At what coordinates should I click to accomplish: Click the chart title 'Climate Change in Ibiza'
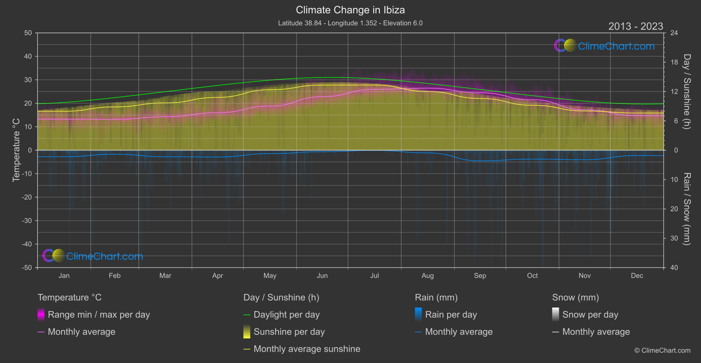[350, 10]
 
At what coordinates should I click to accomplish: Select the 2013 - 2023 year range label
[635, 26]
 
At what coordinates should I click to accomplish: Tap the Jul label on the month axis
[374, 276]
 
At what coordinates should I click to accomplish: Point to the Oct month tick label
[532, 276]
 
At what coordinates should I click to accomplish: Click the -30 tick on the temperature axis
[27, 221]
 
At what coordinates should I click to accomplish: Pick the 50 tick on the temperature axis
[28, 33]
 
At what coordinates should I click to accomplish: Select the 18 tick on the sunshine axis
[674, 62]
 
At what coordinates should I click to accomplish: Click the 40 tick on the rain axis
[674, 268]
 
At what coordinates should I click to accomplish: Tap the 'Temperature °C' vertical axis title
[16, 150]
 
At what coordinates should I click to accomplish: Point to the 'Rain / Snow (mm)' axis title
[687, 209]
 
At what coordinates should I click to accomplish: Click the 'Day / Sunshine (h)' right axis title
[687, 92]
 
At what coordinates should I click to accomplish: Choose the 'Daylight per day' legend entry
[286, 315]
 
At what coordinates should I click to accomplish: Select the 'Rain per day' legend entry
[451, 315]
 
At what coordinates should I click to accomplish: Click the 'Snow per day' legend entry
[590, 315]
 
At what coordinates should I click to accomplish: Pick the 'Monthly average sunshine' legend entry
[307, 349]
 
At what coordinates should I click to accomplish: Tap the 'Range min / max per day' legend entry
[99, 315]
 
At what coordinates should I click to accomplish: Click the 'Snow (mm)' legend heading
[575, 297]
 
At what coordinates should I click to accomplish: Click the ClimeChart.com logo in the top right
[605, 46]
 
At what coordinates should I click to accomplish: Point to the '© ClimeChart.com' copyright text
[662, 351]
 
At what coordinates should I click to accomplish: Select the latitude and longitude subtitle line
[350, 23]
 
